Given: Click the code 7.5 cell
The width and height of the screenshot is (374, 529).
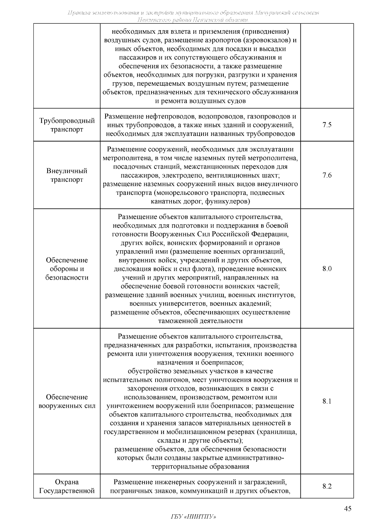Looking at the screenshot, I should click(327, 125).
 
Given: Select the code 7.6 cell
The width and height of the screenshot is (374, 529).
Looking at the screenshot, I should click(327, 175).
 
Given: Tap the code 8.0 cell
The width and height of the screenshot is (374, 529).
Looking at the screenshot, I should click(327, 269).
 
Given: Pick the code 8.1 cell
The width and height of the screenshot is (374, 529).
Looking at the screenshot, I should click(327, 402).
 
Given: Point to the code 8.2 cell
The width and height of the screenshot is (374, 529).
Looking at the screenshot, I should click(327, 486).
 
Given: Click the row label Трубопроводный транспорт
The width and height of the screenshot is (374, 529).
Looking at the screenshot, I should click(67, 125).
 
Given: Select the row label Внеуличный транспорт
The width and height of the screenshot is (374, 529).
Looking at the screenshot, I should click(67, 175).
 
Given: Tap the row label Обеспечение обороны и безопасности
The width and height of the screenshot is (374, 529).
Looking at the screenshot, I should click(67, 269).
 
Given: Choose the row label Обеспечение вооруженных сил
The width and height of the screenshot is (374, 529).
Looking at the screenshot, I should click(67, 402).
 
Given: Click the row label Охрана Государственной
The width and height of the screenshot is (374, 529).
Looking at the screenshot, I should click(67, 487).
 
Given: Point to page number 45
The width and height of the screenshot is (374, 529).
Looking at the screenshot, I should click(348, 509).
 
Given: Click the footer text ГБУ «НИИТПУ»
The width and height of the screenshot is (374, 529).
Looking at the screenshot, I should click(193, 517).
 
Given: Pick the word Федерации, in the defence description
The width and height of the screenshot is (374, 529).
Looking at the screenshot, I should click(270, 234).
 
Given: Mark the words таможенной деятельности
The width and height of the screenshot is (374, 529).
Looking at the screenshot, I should click(200, 321).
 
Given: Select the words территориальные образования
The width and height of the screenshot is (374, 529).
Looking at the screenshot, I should click(200, 467).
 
